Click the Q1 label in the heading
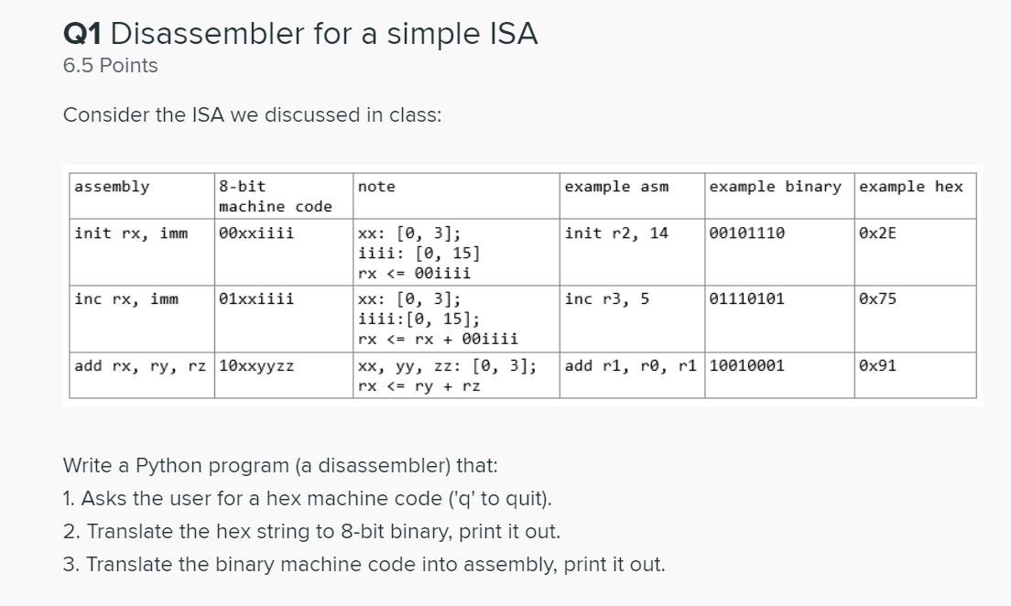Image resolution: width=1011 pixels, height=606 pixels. pyautogui.click(x=82, y=34)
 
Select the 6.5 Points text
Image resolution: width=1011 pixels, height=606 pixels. pyautogui.click(x=110, y=66)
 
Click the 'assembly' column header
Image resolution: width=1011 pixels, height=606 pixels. pyautogui.click(x=113, y=187)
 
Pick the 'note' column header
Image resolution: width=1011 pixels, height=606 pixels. pyautogui.click(x=376, y=187)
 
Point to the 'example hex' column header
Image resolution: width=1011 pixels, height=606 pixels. pyautogui.click(x=911, y=187)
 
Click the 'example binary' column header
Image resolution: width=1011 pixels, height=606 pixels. pyautogui.click(x=775, y=187)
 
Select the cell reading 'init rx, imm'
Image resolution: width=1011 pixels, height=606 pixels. pyautogui.click(x=131, y=233)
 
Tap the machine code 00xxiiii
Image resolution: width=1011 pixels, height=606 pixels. pyautogui.click(x=256, y=233)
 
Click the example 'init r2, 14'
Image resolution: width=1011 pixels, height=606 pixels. pyautogui.click(x=616, y=233)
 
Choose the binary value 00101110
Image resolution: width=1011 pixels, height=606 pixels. pyautogui.click(x=746, y=233)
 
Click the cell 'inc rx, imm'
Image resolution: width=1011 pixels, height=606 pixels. pyautogui.click(x=126, y=299)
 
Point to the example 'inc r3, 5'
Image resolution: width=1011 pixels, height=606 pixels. pyautogui.click(x=607, y=299)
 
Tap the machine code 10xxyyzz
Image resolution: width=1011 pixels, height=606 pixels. pyautogui.click(x=256, y=366)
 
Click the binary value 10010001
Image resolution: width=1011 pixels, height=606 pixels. pyautogui.click(x=746, y=366)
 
